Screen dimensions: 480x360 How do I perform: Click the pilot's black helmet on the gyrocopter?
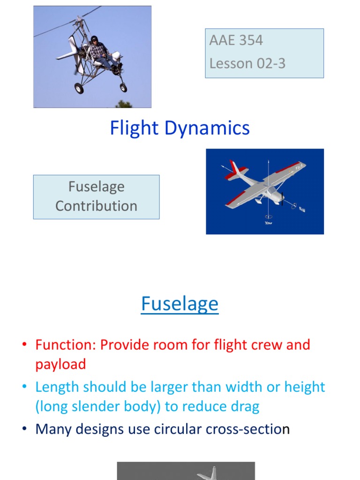[94, 39]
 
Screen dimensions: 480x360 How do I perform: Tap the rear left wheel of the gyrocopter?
[79, 88]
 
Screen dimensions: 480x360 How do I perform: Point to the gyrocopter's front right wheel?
[123, 87]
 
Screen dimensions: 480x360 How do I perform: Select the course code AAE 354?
[236, 40]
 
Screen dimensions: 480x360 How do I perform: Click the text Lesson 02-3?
[247, 63]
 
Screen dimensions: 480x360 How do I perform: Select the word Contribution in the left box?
[96, 206]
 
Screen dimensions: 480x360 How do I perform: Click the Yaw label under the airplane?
[268, 223]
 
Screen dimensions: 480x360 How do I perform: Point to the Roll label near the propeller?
[302, 210]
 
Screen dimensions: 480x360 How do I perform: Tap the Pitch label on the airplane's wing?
[299, 166]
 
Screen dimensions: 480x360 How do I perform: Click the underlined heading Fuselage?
[180, 304]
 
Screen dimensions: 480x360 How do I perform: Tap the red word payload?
[60, 364]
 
